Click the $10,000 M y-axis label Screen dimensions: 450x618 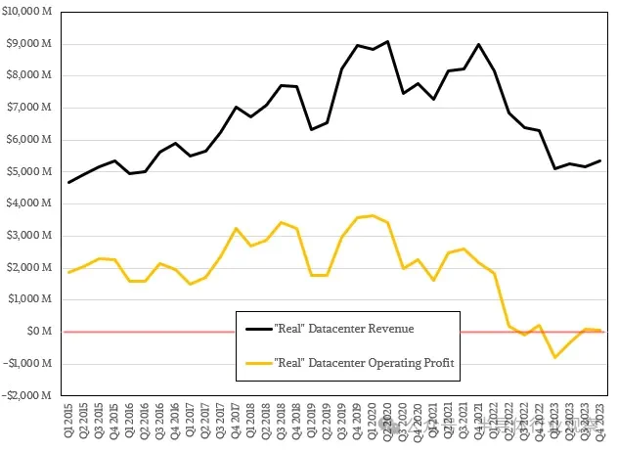click(30, 12)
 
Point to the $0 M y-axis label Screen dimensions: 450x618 click(42, 332)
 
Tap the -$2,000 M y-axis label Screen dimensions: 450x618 click(30, 395)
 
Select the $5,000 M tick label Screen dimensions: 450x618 click(32, 172)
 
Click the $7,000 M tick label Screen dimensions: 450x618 click(32, 108)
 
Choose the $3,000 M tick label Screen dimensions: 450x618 click(32, 236)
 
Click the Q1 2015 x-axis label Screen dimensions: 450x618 click(68, 421)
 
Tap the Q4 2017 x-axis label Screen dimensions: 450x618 click(237, 421)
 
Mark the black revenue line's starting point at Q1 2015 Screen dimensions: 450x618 click(68, 182)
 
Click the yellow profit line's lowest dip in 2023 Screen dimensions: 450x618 click(554, 357)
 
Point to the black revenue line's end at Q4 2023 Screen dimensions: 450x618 click(599, 160)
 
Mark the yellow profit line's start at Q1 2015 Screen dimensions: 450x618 click(68, 272)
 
